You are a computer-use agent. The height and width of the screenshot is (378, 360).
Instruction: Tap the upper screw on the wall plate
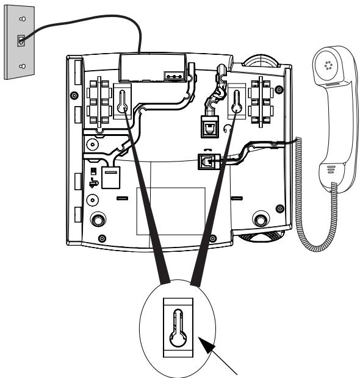click(21, 19)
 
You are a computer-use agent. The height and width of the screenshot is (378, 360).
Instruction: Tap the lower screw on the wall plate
click(21, 66)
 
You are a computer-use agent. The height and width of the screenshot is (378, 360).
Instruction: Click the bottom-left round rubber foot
click(97, 218)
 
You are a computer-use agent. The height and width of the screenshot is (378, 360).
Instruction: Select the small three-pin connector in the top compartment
click(173, 77)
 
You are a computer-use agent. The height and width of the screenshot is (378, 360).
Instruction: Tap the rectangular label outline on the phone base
click(170, 210)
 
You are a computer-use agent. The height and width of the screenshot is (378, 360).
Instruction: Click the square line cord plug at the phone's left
click(110, 178)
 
